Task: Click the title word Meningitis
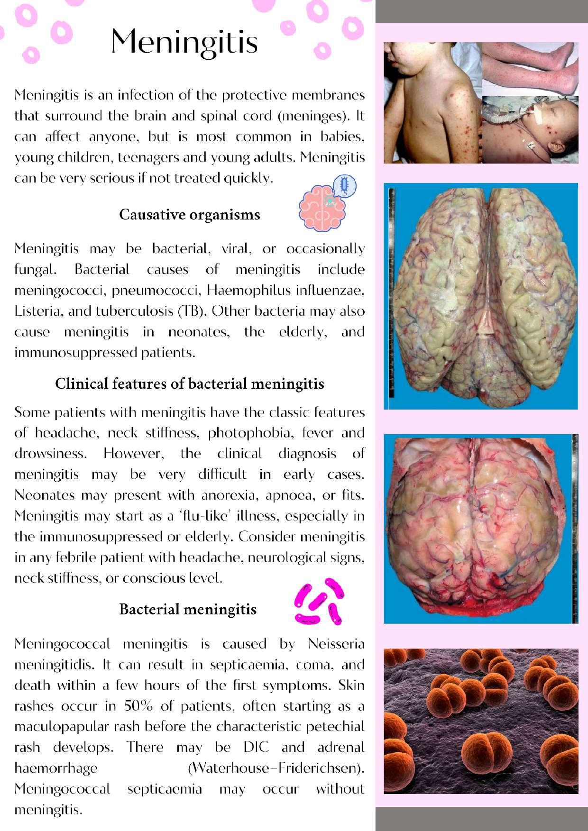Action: [x=184, y=42]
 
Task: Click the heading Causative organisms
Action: [x=189, y=215]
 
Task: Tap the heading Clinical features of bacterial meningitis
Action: [x=189, y=384]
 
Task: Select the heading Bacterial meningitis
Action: [x=187, y=609]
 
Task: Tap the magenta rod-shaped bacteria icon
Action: [x=318, y=601]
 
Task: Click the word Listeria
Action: [x=34, y=311]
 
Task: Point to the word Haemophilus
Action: [x=243, y=290]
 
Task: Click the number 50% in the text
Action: [x=138, y=706]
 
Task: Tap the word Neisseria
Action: [x=336, y=644]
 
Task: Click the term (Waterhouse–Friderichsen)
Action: [x=276, y=768]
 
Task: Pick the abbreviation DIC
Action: [x=256, y=748]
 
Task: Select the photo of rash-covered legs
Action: [x=530, y=69]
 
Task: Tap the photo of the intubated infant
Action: [x=530, y=130]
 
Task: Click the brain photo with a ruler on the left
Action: [x=480, y=296]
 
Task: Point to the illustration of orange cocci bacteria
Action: [x=480, y=721]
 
